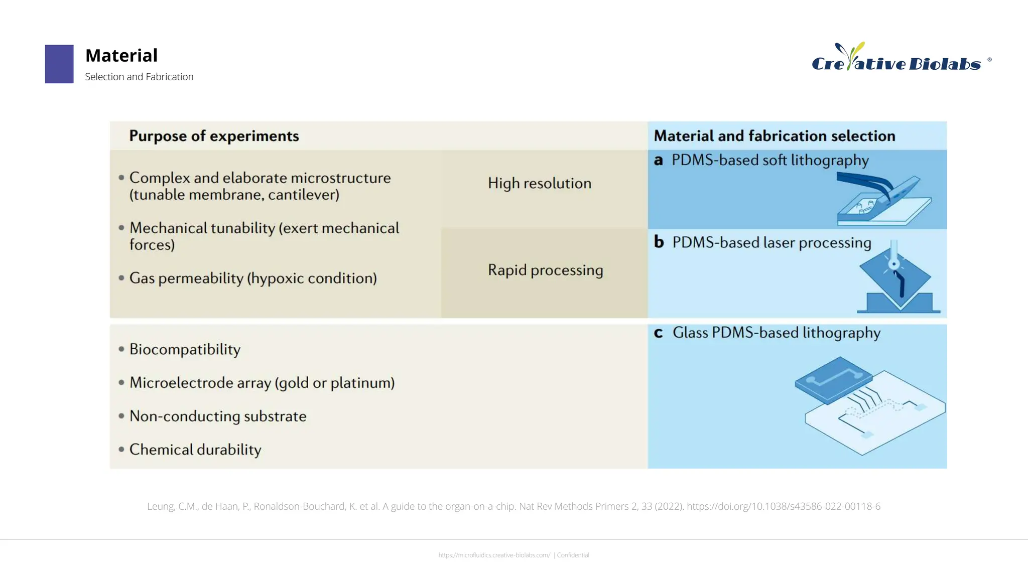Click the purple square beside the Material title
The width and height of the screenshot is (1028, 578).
point(59,64)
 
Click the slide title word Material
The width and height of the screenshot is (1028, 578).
point(121,55)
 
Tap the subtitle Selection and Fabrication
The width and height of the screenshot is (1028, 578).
point(139,77)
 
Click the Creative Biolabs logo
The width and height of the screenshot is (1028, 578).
point(896,59)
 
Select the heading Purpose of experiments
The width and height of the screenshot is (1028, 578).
point(214,136)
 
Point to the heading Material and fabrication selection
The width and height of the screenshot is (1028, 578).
point(774,136)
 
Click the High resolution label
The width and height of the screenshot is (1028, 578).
point(540,183)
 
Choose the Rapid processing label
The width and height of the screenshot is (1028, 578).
point(546,270)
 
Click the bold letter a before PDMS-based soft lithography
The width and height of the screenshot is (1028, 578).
point(659,161)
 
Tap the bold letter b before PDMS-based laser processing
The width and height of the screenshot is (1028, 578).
point(659,242)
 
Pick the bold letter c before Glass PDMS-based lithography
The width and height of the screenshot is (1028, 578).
point(659,333)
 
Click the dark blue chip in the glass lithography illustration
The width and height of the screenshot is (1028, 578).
point(833,379)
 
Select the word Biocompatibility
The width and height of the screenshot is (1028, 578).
point(185,349)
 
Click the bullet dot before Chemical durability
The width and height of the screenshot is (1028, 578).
point(121,450)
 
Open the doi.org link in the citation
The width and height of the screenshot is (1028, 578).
point(783,506)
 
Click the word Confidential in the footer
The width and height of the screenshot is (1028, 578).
point(573,555)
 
